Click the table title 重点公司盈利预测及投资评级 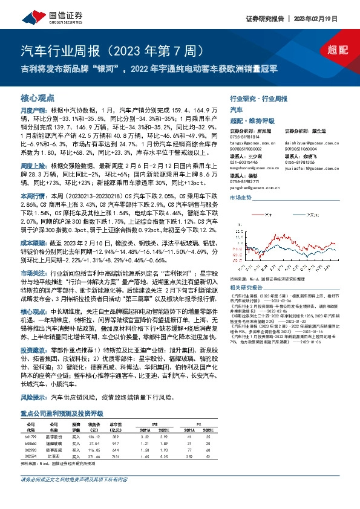61,413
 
